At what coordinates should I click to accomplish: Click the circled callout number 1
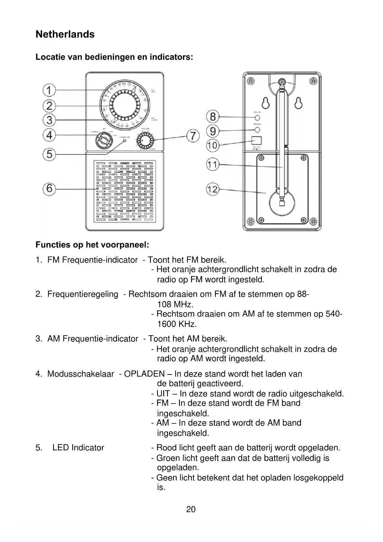coord(49,90)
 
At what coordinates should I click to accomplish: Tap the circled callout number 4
coord(49,135)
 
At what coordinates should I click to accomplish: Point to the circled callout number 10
coord(213,145)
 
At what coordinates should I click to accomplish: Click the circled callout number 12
coord(213,189)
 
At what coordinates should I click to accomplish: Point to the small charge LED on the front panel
coord(125,141)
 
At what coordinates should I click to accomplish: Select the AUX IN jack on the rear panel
coord(257,118)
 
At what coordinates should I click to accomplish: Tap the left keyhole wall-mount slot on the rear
coord(265,103)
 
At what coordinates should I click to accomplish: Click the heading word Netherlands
coord(65,34)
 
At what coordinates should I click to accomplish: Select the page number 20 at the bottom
coord(191,509)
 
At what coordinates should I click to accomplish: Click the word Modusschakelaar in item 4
coord(81,374)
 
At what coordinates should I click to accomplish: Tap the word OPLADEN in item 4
coord(144,374)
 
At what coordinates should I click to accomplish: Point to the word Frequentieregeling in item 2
coord(83,294)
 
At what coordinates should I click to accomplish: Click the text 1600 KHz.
coord(177,324)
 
